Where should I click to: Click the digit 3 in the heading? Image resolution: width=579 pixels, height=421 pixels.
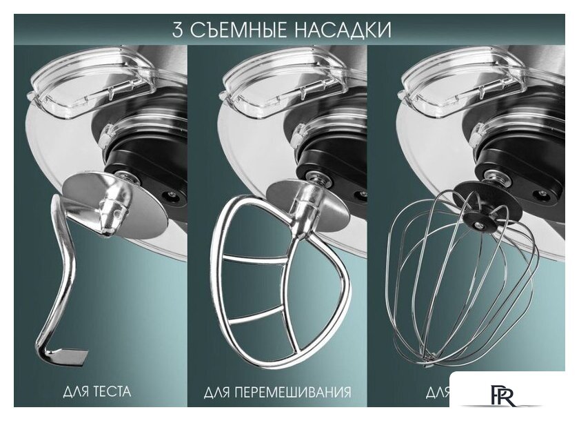[178, 30]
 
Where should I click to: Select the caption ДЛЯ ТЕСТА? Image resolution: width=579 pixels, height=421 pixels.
[96, 392]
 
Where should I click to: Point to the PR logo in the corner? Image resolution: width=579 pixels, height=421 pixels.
[507, 397]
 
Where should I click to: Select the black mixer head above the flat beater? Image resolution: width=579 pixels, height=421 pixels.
[331, 148]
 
